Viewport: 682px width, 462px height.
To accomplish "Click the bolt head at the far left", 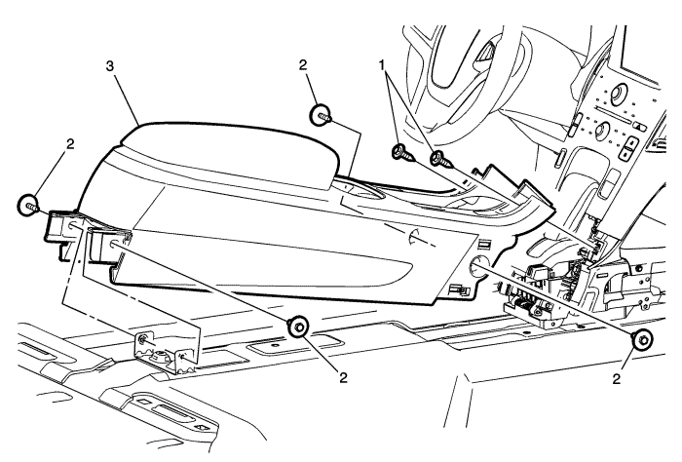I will click(x=26, y=206).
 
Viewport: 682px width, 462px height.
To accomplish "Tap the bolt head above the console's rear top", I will click(x=319, y=115).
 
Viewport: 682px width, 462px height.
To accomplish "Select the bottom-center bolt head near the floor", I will click(x=300, y=326).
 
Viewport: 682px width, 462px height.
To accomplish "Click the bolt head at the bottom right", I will click(x=642, y=340).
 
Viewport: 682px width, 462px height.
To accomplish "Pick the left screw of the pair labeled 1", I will click(x=399, y=151).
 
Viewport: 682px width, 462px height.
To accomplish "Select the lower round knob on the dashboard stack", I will click(x=600, y=131).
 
